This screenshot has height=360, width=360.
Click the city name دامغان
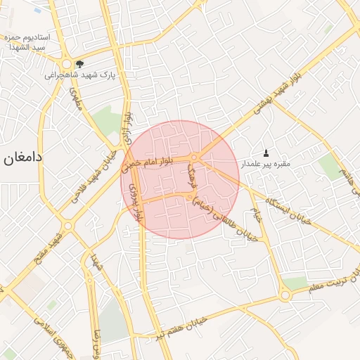[23, 157]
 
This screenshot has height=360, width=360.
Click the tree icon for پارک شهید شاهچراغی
[89, 63]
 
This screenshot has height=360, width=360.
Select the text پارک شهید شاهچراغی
[80, 75]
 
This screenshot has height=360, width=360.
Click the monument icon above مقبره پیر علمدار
[266, 153]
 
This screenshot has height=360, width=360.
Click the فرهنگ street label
[190, 179]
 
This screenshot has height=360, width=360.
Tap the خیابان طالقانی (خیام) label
[224, 218]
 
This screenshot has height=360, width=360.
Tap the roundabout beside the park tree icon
[67, 63]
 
